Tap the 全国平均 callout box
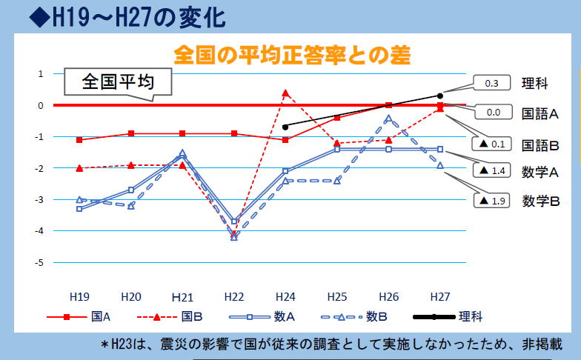[x=118, y=81]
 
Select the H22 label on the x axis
[x=234, y=296]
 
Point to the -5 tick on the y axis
[x=39, y=262]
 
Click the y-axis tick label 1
[x=41, y=73]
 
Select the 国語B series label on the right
[x=540, y=144]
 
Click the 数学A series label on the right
[x=540, y=173]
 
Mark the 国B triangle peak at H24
[x=285, y=93]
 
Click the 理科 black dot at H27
[x=439, y=96]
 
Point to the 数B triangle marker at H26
[x=388, y=118]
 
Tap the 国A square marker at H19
[x=79, y=139]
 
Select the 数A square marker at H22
[x=234, y=221]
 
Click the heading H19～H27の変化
[x=126, y=16]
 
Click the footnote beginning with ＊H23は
[x=331, y=344]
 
